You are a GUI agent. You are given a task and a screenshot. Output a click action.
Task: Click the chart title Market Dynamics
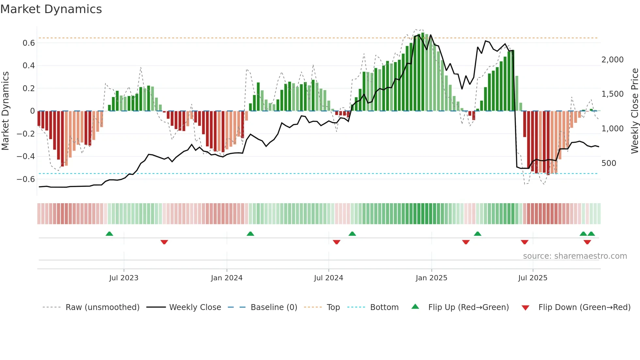coord(51,9)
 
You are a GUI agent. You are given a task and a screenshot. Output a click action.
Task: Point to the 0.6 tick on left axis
coord(29,43)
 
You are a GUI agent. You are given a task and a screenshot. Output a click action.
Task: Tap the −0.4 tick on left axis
coord(26,156)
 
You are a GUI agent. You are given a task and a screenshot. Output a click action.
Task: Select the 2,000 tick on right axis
coord(612,60)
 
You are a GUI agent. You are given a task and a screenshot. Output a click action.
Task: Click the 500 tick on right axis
coord(609,163)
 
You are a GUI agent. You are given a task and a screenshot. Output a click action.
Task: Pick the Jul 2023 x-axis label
coord(124,278)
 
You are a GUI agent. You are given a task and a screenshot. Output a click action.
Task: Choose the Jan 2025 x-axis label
coord(431,278)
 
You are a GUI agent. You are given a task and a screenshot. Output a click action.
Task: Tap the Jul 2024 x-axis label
coord(328,278)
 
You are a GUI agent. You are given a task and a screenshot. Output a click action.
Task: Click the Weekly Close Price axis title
coord(634,111)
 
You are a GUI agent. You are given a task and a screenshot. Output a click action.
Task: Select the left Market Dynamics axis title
coord(5,111)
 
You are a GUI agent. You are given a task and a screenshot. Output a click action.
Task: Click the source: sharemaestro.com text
coord(575,256)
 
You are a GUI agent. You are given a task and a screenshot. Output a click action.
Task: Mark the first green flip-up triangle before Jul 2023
coord(109,234)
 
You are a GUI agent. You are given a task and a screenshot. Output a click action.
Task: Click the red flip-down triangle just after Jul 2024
coord(337,242)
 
